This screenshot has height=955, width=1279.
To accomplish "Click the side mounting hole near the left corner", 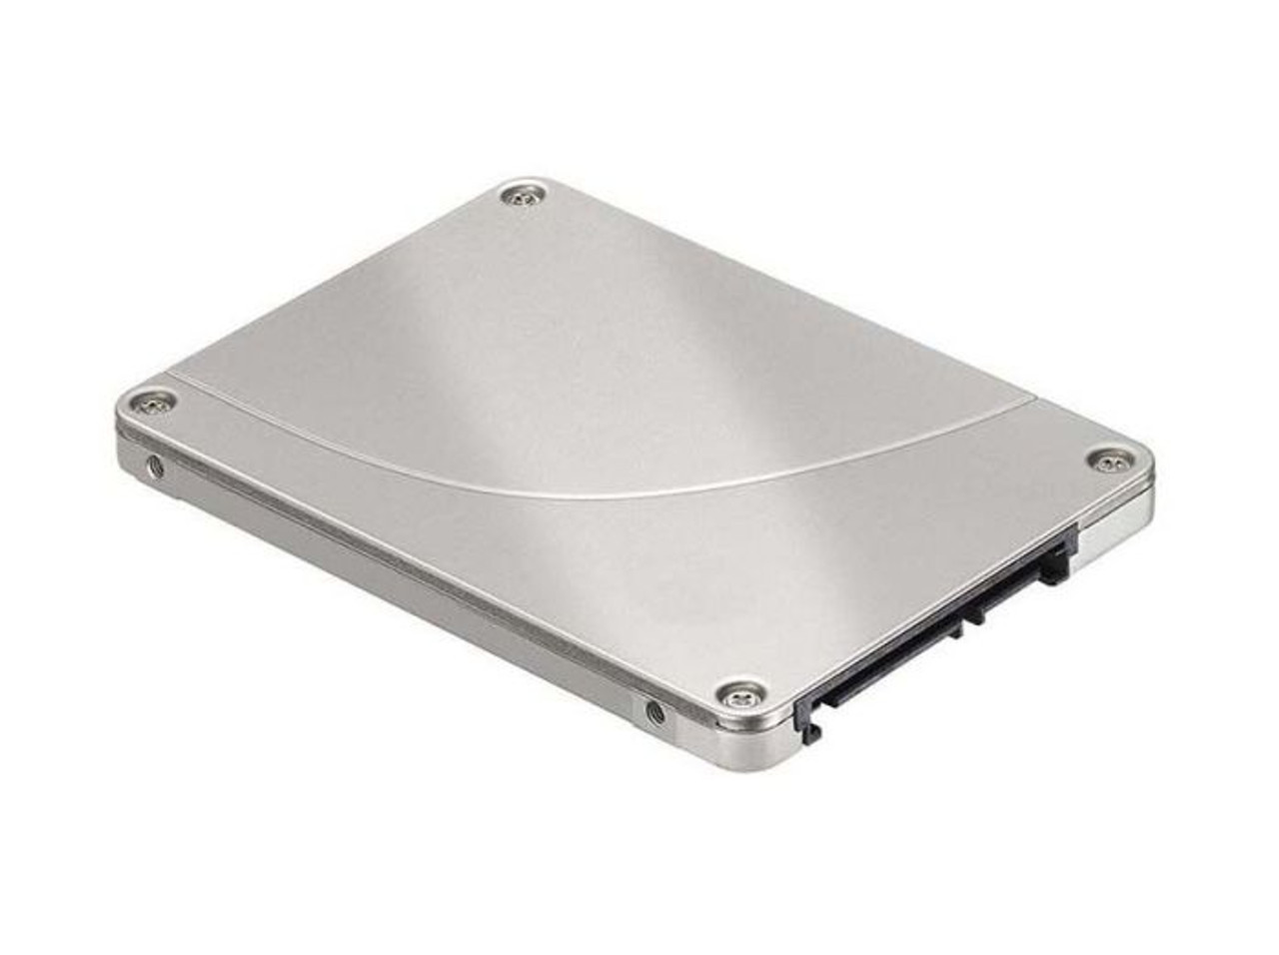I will click(153, 465).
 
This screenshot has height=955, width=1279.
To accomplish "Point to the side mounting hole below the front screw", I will click(655, 712).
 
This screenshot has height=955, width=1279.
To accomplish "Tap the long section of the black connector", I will click(879, 658).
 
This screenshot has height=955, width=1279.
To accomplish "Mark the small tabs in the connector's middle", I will click(969, 618).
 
